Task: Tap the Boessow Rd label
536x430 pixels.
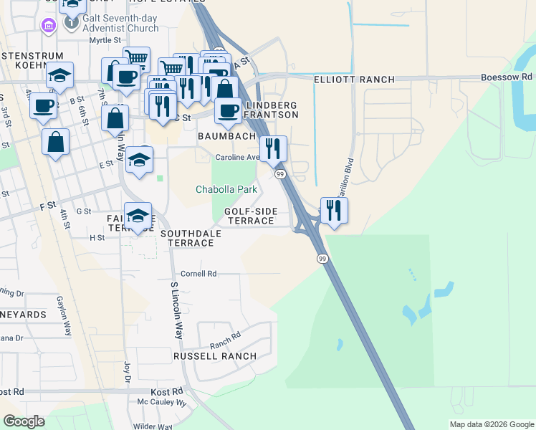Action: coord(507,77)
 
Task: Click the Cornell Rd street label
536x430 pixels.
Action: coord(198,274)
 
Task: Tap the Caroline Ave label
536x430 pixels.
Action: coord(237,157)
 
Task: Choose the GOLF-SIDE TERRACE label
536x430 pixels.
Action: coord(249,216)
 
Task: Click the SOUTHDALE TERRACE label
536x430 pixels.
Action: coord(186,238)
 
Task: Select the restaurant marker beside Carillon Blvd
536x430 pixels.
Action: coord(334,210)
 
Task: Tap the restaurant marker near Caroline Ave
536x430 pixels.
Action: coord(273,148)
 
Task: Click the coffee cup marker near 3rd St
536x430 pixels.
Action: coord(43,106)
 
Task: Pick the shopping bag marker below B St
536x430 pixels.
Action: coord(55,142)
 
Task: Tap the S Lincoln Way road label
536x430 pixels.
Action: coord(174,311)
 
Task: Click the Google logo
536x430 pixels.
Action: coord(24,421)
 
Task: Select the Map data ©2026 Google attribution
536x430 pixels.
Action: coord(492,424)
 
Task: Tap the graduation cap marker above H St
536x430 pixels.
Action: coord(138,216)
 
